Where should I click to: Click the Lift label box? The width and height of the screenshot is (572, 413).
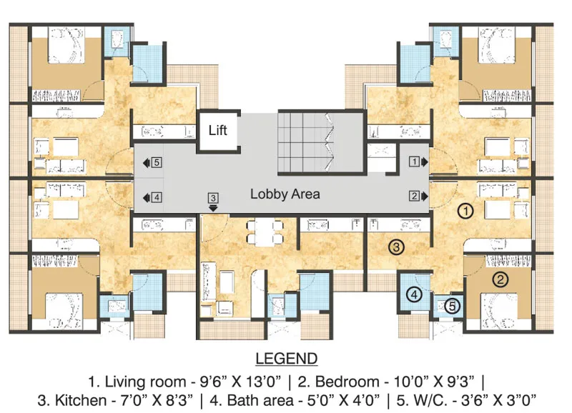(218, 130)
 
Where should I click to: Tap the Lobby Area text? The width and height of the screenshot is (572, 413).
(285, 194)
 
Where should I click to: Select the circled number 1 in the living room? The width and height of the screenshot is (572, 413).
(465, 210)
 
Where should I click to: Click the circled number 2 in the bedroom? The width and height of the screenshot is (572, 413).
(501, 279)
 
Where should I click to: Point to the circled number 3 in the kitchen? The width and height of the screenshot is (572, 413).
(397, 247)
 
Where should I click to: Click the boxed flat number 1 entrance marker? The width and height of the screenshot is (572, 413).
(413, 161)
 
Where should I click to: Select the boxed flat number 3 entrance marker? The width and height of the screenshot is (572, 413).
(212, 197)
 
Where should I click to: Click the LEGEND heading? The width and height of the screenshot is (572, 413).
(285, 357)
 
